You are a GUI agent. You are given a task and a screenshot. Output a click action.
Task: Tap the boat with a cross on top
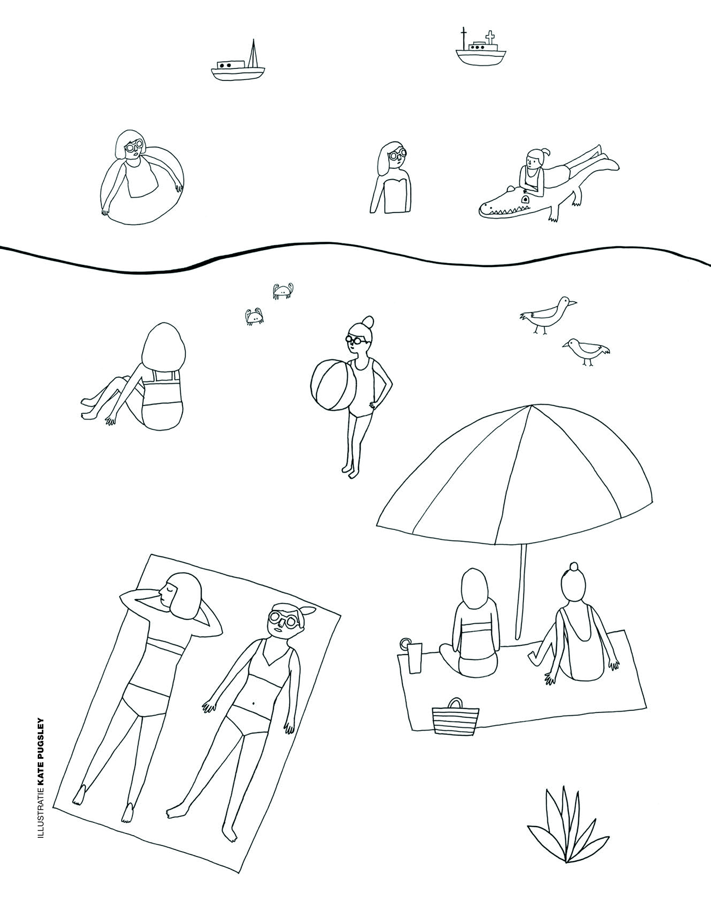coord(480,52)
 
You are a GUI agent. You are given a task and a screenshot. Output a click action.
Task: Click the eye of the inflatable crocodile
coord(525,199)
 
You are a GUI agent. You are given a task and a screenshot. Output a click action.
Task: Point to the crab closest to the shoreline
coord(283,291)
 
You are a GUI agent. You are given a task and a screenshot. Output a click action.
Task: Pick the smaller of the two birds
coord(585,350)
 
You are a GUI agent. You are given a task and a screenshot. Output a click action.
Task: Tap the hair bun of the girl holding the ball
coord(368,321)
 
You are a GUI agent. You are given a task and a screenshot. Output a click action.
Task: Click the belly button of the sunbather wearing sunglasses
coord(254,704)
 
